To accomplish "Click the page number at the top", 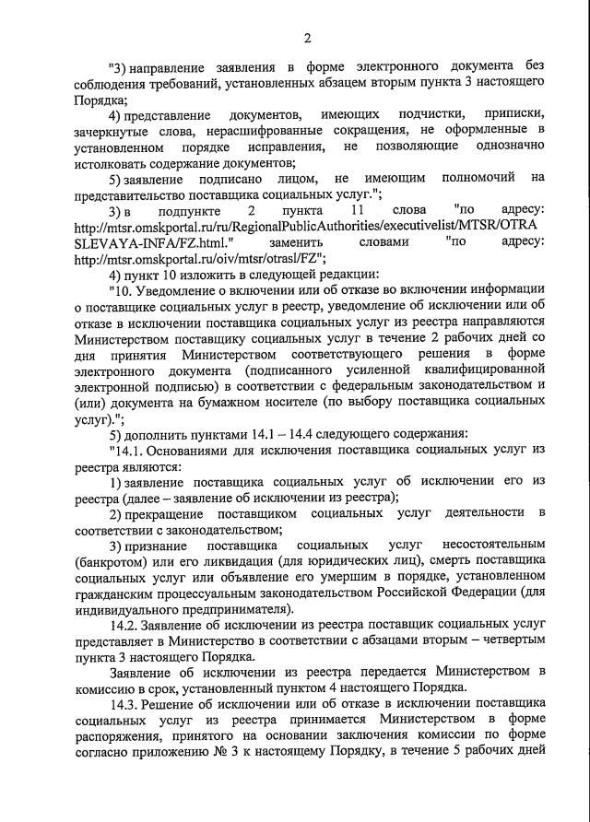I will coord(307,38).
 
